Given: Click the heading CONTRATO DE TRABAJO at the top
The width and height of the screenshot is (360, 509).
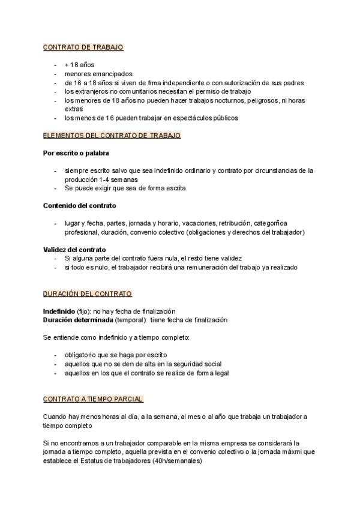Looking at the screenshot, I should (83, 47).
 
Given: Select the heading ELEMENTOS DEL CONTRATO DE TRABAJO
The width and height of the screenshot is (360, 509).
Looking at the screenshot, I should (112, 136).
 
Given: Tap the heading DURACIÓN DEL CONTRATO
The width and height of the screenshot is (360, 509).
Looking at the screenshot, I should (88, 294).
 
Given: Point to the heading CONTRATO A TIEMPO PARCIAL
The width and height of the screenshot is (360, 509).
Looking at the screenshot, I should (93, 399).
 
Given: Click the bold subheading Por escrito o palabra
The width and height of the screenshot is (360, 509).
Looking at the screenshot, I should (76, 154).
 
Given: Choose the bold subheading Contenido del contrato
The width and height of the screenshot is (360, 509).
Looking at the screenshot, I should (80, 206).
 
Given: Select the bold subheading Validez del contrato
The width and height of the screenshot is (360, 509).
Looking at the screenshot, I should (74, 249).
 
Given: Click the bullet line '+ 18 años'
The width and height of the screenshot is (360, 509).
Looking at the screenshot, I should (79, 65).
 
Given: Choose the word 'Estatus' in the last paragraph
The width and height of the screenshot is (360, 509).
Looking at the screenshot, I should (86, 462).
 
